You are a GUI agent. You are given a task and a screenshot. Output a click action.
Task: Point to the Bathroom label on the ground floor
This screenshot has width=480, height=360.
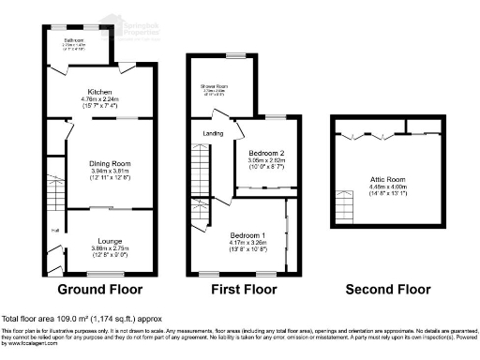pos(75,40)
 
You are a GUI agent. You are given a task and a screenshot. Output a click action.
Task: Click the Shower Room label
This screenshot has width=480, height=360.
pos(215,87)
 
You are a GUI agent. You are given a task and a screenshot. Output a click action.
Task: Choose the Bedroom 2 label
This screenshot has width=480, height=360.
pos(266,153)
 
